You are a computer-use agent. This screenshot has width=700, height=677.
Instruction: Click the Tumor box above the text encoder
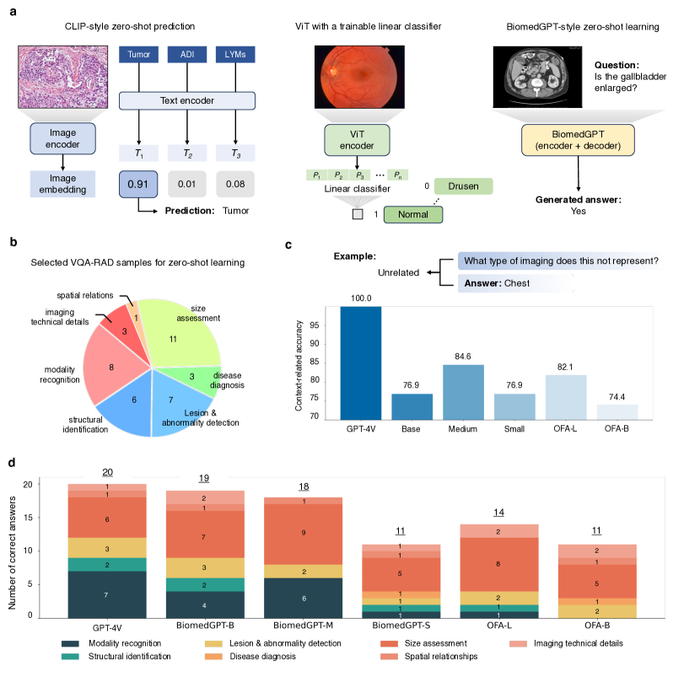click(138, 56)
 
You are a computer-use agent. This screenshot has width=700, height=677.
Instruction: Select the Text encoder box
click(186, 101)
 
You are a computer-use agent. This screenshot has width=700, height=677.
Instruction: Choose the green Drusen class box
click(463, 186)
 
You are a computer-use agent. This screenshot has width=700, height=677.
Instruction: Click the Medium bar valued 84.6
click(463, 392)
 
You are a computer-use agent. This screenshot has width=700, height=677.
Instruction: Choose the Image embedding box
click(57, 185)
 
